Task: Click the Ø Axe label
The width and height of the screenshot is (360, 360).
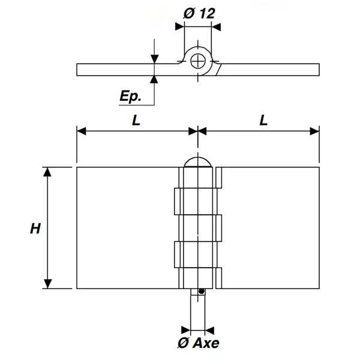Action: click(x=198, y=344)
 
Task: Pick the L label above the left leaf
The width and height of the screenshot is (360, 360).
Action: click(x=136, y=120)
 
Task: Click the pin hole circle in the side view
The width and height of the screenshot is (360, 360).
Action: click(x=197, y=61)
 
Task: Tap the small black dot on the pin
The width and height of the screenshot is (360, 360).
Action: click(x=202, y=292)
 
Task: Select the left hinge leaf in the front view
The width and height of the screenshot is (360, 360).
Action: click(x=126, y=228)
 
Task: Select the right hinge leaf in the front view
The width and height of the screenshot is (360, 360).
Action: click(x=270, y=228)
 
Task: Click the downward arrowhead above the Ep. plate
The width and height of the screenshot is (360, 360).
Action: click(x=155, y=58)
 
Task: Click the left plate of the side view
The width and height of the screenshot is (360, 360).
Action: click(x=126, y=69)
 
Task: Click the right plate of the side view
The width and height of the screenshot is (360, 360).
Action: click(x=270, y=69)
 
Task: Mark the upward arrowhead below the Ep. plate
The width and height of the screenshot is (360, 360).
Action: click(x=155, y=80)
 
